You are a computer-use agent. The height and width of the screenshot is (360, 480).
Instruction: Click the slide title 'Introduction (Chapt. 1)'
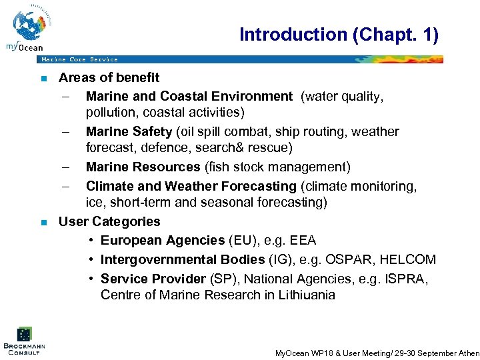(x=339, y=35)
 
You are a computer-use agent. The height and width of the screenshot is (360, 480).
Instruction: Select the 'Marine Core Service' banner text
(x=79, y=59)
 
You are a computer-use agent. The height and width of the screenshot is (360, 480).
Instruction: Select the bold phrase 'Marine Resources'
(x=143, y=167)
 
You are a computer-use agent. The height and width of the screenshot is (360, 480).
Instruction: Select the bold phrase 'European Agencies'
(x=163, y=240)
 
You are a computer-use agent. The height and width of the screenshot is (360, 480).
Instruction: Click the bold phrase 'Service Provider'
(x=153, y=278)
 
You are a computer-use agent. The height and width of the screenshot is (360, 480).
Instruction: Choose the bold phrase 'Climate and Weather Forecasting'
(x=191, y=186)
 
